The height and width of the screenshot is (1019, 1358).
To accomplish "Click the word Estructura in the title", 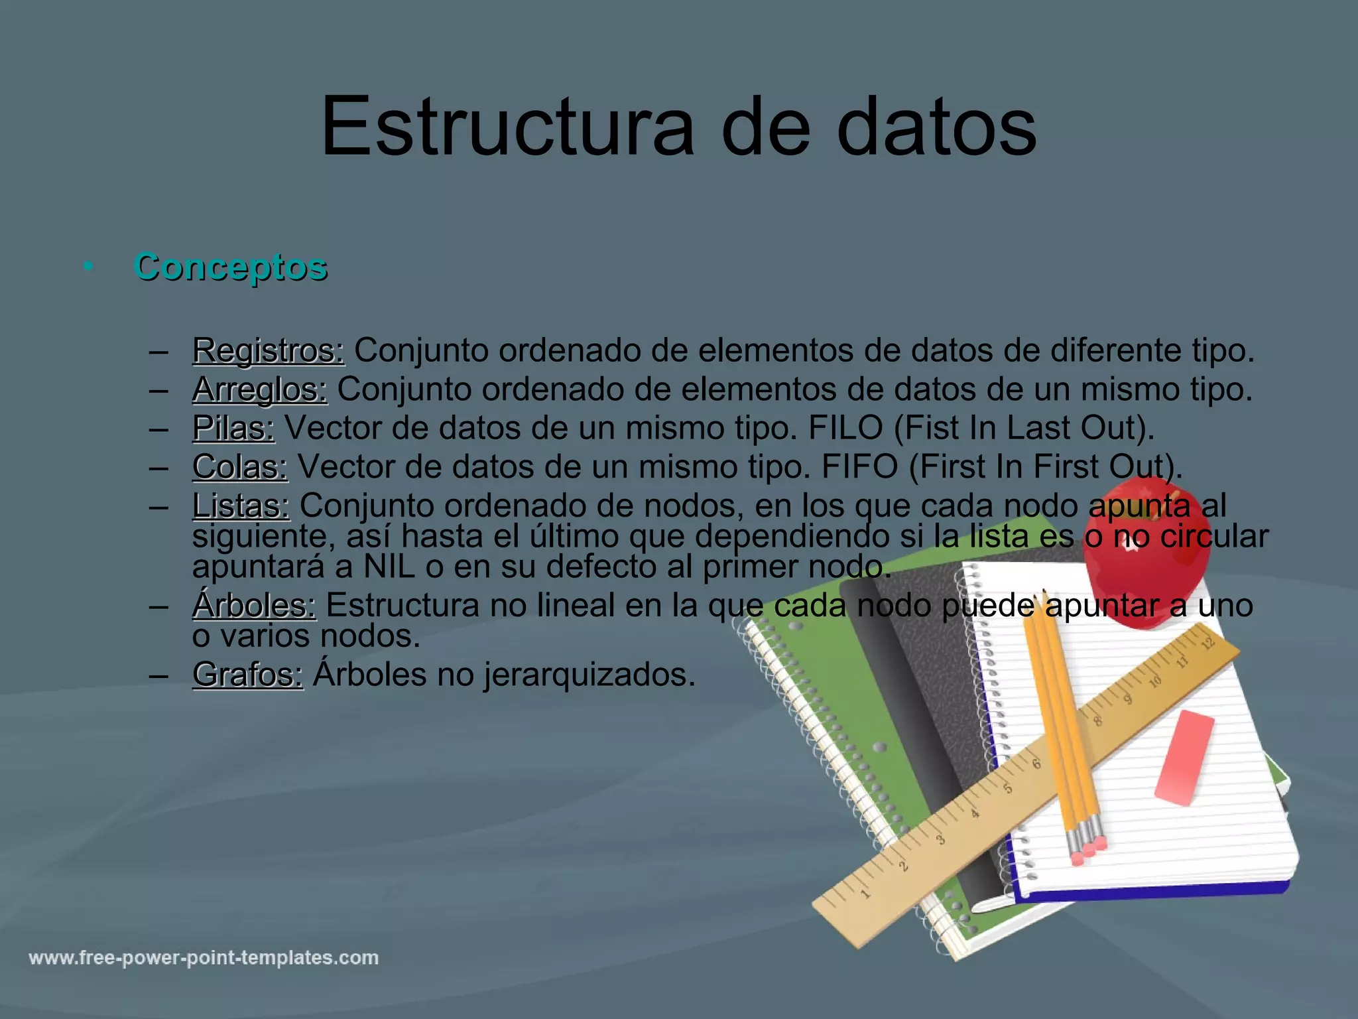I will [507, 127].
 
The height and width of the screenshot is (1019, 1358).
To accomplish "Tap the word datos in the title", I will [936, 127].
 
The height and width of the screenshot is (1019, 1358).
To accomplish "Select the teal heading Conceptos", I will [231, 267].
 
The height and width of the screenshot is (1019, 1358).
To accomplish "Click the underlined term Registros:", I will [268, 351].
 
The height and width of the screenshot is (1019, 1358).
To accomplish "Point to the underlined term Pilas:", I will [233, 429].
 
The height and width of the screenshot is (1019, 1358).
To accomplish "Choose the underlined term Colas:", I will [240, 467].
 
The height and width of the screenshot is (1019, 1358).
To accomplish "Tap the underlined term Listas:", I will [241, 506].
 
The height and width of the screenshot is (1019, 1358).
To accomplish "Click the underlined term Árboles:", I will [254, 606].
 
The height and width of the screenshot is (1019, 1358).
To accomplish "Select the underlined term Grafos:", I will [247, 675].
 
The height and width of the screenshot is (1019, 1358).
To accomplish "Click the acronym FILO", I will [845, 429].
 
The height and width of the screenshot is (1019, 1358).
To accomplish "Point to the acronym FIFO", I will [859, 467].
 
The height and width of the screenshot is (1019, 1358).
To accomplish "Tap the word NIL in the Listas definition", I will [389, 567].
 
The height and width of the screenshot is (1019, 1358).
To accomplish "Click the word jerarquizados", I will [589, 675].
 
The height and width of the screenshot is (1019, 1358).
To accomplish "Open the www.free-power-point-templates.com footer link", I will [204, 958].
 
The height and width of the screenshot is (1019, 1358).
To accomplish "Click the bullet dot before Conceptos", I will [88, 267].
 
